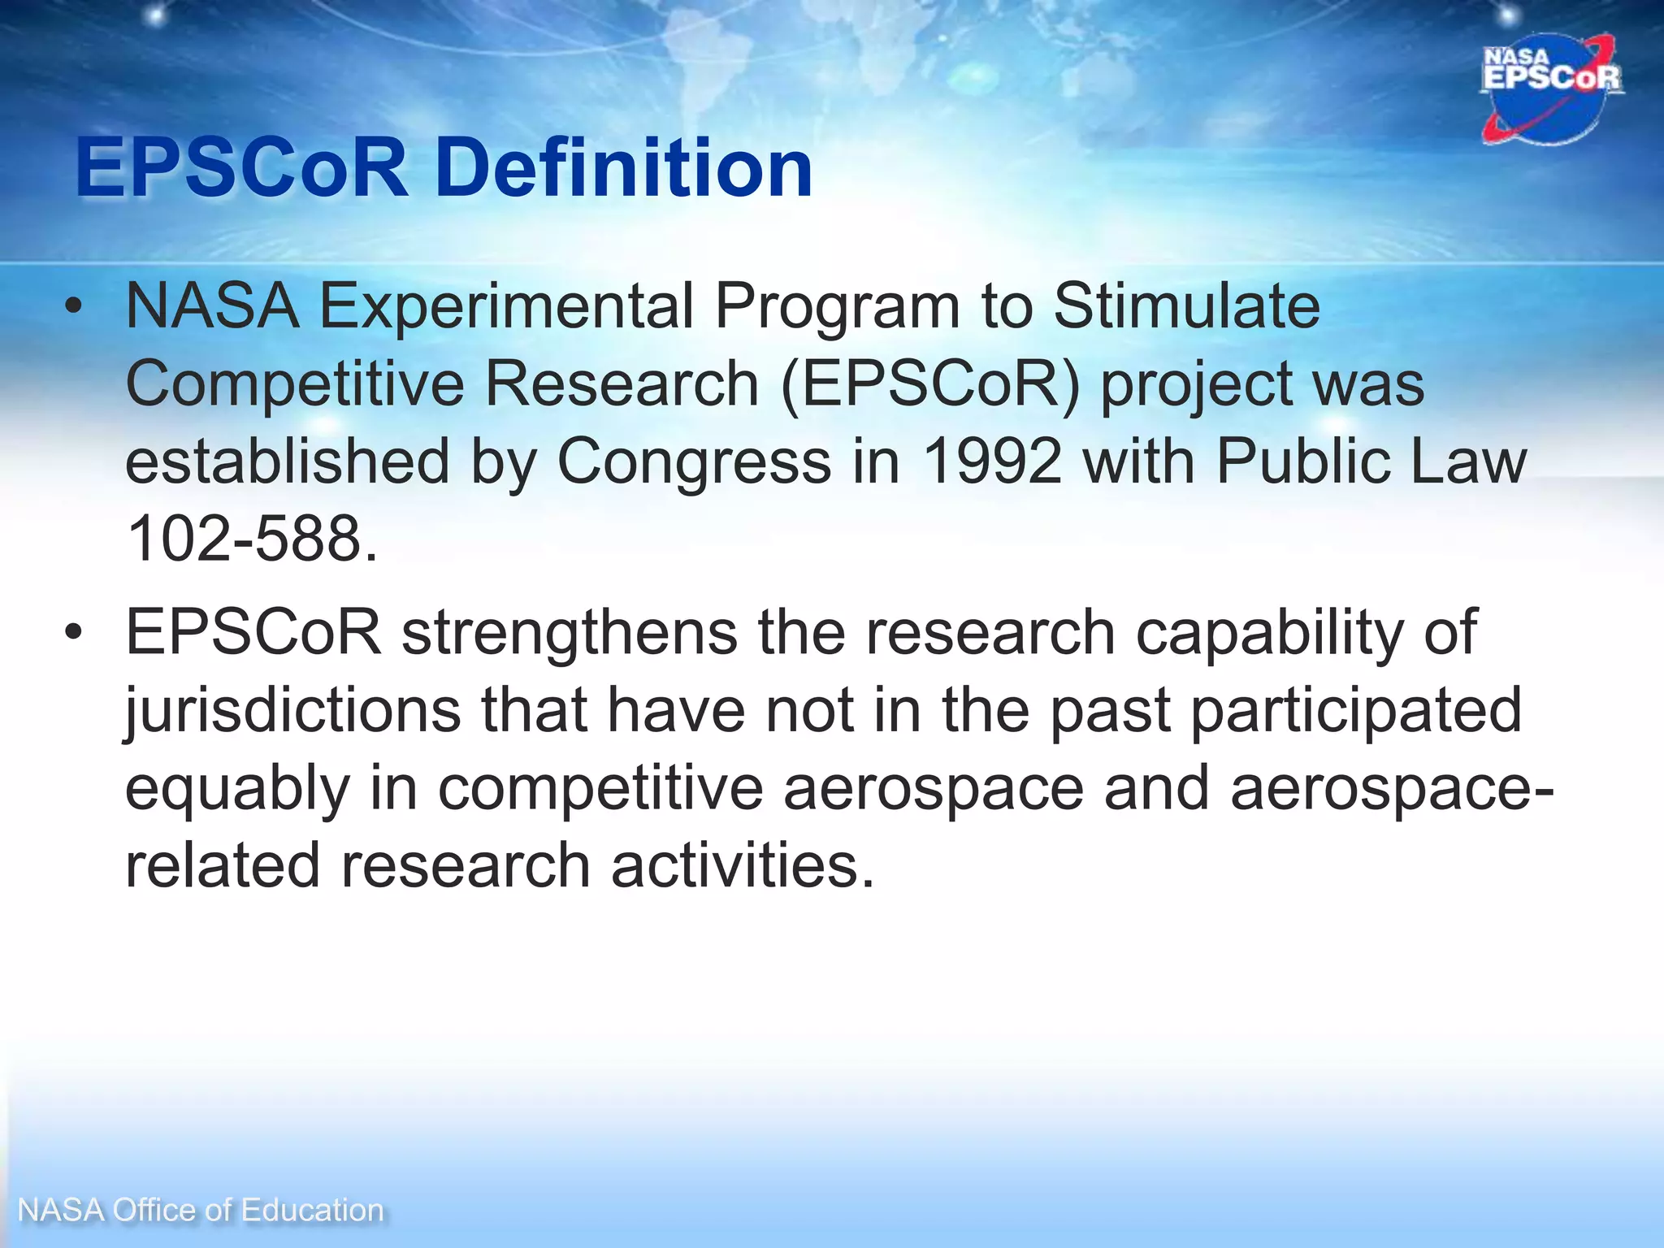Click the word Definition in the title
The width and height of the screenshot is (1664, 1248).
pos(623,168)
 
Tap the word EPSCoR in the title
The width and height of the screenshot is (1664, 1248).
pos(241,168)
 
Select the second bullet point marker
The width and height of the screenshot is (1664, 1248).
pos(74,633)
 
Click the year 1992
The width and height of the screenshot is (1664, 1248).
pos(992,461)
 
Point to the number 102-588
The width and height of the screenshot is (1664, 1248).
pos(252,539)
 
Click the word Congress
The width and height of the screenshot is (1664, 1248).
pos(694,462)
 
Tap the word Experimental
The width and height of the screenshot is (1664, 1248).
pos(506,306)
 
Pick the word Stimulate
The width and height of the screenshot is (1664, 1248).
pos(1186,306)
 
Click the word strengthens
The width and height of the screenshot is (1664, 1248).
pos(570,633)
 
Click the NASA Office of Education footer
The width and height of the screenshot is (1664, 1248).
pos(200,1210)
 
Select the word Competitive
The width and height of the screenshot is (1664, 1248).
pos(294,384)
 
